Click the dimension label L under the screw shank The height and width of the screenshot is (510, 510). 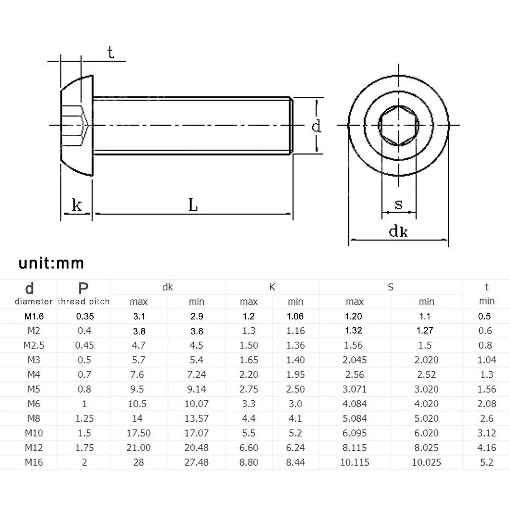click(x=193, y=205)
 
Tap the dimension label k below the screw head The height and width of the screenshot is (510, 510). click(x=77, y=205)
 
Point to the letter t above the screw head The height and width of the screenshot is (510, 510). click(x=110, y=53)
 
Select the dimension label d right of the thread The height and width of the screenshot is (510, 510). click(x=316, y=126)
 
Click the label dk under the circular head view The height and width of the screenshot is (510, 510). click(x=398, y=231)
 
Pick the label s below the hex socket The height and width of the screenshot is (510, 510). click(x=398, y=204)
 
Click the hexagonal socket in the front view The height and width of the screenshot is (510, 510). click(x=398, y=125)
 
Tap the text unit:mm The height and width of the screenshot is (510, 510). click(x=52, y=263)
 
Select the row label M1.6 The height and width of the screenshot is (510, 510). click(x=34, y=316)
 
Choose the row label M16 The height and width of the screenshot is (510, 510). click(x=34, y=462)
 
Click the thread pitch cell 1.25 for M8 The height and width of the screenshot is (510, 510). click(x=84, y=419)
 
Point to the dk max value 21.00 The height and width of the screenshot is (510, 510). click(x=138, y=448)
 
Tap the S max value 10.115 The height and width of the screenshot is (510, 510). click(x=354, y=462)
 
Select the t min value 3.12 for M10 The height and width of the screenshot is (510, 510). click(x=486, y=433)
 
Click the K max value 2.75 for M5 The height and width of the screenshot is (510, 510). click(x=248, y=389)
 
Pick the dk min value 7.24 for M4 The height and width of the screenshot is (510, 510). click(x=196, y=374)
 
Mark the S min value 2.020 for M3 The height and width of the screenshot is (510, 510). click(x=426, y=360)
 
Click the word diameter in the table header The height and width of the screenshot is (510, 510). click(x=34, y=302)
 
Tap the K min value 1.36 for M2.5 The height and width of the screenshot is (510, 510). click(x=295, y=345)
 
